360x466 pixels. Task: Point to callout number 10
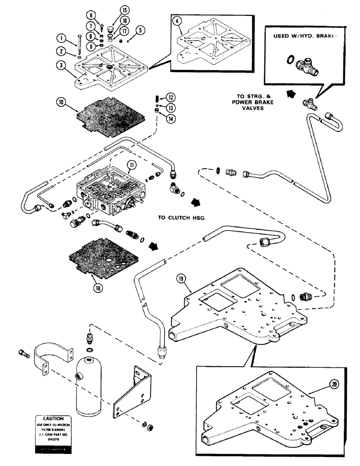click(x=59, y=101)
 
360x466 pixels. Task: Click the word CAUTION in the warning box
click(x=53, y=419)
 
